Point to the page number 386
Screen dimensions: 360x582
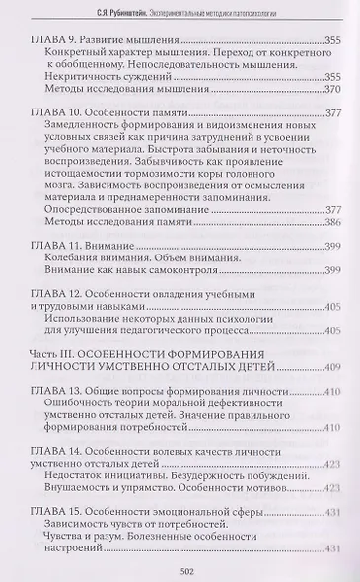(x=333, y=223)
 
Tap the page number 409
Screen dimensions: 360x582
(x=333, y=368)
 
